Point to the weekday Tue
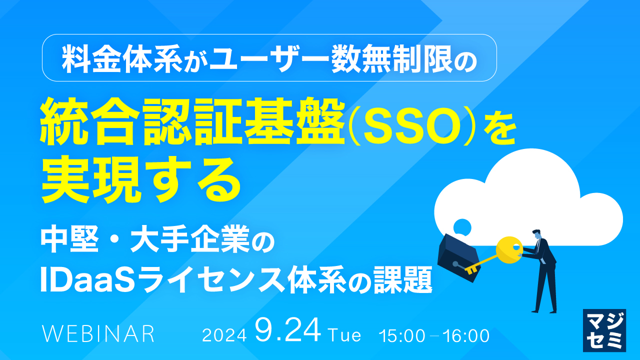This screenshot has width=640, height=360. [x=344, y=335]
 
